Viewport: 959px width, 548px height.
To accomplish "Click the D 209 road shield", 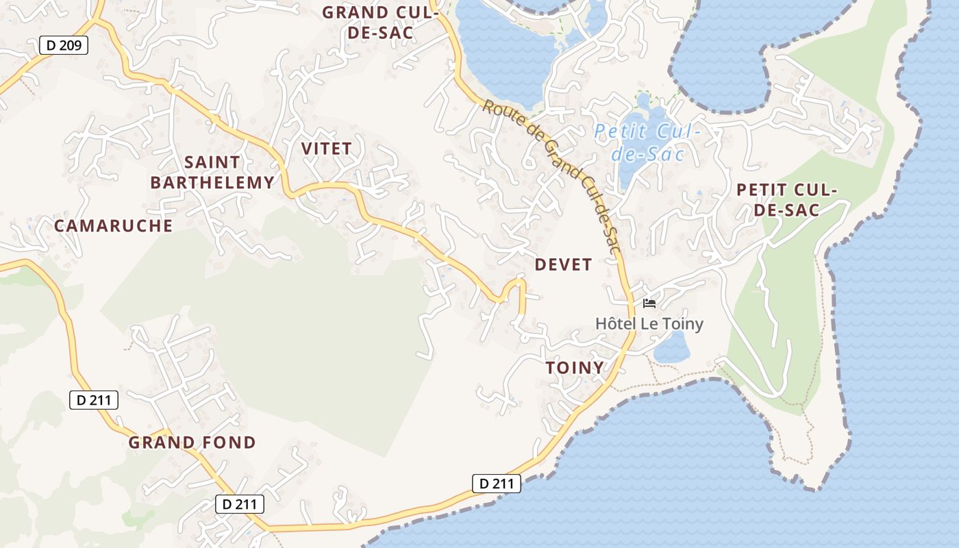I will (64, 46).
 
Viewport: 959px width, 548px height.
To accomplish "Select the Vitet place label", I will (326, 148).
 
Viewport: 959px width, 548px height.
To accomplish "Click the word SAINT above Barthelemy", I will (212, 162).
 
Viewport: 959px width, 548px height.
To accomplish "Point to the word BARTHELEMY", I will (212, 182).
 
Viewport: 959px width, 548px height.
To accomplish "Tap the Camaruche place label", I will (113, 225).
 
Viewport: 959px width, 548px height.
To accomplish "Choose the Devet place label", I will (563, 264).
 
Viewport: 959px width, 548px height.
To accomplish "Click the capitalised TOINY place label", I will (575, 367).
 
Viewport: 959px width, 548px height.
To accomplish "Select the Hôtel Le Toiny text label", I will (649, 323).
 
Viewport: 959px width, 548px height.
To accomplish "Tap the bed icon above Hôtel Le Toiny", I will (649, 303).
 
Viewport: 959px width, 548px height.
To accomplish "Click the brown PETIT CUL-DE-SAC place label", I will (787, 199).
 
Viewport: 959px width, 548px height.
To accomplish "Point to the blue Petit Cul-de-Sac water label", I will (647, 142).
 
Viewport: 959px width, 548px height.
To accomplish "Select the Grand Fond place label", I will (192, 442).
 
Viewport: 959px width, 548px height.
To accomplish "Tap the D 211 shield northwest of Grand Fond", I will (94, 400).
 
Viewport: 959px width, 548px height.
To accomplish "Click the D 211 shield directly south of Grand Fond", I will (239, 504).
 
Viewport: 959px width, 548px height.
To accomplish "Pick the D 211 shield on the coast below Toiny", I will (497, 483).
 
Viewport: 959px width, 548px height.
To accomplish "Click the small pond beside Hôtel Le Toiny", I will (671, 348).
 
